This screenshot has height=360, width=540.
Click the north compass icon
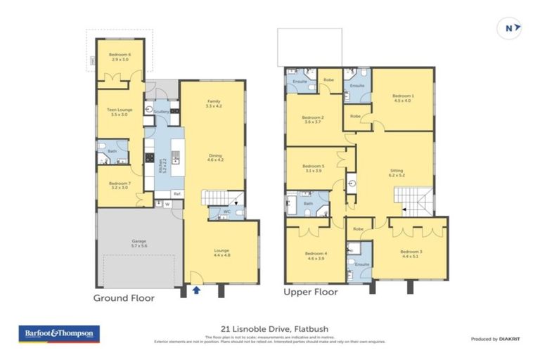(511, 28)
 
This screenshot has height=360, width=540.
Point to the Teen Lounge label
(120, 112)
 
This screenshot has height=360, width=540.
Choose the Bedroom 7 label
(120, 184)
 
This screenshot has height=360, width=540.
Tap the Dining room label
(214, 157)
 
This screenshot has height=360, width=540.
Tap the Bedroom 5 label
(312, 168)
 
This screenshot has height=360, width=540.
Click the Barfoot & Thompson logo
(60, 334)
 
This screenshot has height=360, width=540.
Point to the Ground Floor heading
(124, 297)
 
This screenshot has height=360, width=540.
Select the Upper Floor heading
(310, 291)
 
